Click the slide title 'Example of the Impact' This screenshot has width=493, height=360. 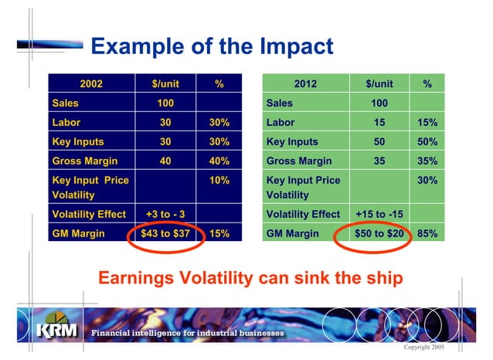212,46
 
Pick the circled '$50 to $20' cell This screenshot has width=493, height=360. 379,233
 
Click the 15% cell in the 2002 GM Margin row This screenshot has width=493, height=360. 219,233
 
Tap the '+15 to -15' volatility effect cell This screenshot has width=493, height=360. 379,214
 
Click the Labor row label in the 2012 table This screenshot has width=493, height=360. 280,122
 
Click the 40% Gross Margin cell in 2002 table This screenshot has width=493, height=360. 219,161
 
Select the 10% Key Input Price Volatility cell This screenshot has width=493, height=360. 219,180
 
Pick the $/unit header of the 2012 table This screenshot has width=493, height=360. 379,84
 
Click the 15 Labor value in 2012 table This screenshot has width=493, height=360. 379,122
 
